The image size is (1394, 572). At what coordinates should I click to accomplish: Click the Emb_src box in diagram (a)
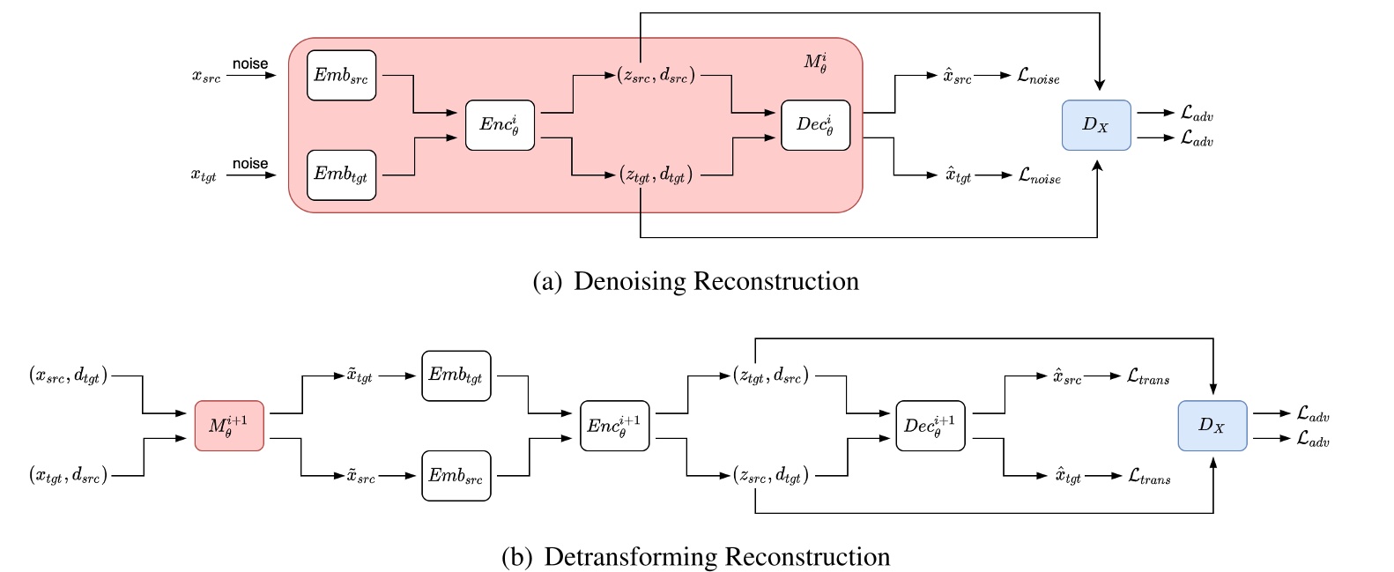[x=341, y=76]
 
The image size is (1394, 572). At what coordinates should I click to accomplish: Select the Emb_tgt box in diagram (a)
[x=341, y=175]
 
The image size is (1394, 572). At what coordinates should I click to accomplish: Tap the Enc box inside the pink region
[x=500, y=125]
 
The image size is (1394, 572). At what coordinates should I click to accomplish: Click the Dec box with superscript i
[x=815, y=125]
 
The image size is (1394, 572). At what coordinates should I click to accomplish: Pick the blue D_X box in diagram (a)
[x=1095, y=125]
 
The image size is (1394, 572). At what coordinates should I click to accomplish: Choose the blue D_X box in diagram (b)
[x=1212, y=426]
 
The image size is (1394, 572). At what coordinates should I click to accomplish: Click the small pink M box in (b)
[x=229, y=426]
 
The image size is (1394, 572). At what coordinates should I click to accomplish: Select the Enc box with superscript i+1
[x=614, y=426]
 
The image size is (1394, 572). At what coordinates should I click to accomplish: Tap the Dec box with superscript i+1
[x=930, y=426]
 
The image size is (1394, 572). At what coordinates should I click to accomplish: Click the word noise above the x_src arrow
[x=250, y=64]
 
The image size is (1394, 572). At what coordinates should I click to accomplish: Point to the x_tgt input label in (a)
[x=204, y=175]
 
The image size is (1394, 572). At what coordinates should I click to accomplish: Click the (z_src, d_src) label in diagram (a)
[x=656, y=76]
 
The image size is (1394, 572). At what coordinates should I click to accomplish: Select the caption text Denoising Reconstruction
[x=716, y=281]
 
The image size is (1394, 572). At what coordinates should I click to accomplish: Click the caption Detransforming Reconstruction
[x=716, y=557]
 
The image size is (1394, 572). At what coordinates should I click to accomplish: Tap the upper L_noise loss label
[x=1038, y=77]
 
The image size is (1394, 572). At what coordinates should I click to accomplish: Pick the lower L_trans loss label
[x=1149, y=476]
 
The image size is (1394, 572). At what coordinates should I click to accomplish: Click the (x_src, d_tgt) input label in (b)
[x=68, y=375]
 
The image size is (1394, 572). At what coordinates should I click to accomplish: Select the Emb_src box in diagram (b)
[x=456, y=476]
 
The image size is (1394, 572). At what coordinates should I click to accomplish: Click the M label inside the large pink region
[x=815, y=63]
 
